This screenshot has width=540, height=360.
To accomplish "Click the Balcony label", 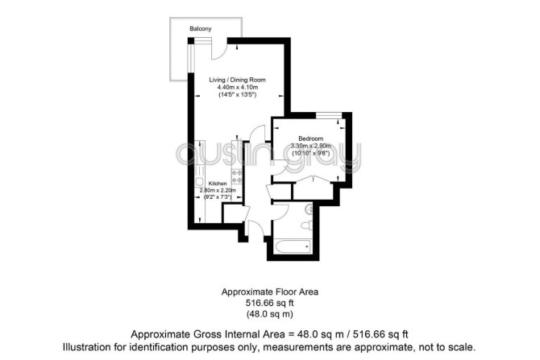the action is [201, 28].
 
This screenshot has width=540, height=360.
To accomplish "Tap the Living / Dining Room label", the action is [237, 80].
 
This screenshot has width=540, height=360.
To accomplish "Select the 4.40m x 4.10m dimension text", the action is [237, 88].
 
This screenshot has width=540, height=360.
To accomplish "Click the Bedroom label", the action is [310, 139].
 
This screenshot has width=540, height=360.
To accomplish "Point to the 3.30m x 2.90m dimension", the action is [310, 146].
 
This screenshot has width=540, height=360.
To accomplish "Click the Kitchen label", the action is [218, 184].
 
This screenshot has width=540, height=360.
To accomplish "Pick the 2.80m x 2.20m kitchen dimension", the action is [218, 190].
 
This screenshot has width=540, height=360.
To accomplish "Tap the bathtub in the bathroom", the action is [293, 246].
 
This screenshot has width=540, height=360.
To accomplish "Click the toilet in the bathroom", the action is [306, 226].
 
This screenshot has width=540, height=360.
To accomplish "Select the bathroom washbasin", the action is [309, 209].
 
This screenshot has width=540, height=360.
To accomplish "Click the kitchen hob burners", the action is [237, 176].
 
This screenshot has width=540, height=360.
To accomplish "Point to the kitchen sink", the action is [199, 182].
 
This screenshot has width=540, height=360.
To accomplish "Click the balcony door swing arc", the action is [220, 52].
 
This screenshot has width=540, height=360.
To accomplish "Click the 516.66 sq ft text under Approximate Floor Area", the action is [270, 303].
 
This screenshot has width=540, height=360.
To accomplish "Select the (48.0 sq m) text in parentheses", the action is [270, 314].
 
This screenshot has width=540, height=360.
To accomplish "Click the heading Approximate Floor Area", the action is [270, 292].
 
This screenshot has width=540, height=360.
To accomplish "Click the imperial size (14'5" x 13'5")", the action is [237, 95].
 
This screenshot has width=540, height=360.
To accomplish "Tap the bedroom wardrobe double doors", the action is [313, 180].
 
